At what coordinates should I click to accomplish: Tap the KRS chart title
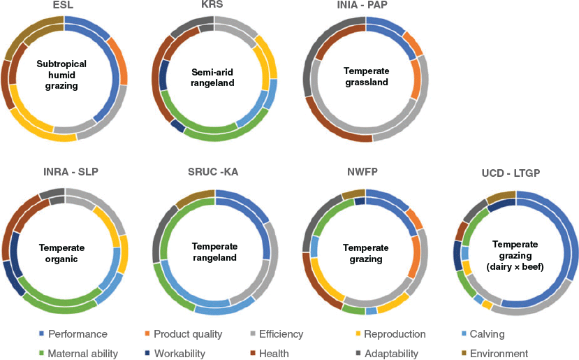pos(213,4)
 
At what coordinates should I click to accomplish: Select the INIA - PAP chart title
pos(362,5)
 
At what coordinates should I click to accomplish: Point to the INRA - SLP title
pos(71,172)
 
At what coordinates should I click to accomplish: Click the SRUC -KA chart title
pos(213,172)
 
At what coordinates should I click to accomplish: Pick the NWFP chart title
pos(362,172)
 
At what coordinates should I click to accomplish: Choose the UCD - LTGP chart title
pos(511,173)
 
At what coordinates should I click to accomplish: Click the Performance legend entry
pos(73,334)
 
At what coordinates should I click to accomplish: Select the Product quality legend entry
pos(184,334)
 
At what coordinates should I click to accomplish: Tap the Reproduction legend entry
pos(390,334)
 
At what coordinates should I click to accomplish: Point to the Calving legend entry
pos(483,334)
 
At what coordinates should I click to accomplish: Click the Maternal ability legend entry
pos(78,354)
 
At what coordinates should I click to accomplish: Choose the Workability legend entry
pos(175,354)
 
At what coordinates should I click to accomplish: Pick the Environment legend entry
pos(494,354)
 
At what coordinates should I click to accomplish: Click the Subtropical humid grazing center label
pos(61,75)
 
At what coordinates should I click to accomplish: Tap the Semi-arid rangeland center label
pos(212,78)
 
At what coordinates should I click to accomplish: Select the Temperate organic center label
pos(61,253)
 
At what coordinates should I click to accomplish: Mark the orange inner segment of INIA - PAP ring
pos(416,79)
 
